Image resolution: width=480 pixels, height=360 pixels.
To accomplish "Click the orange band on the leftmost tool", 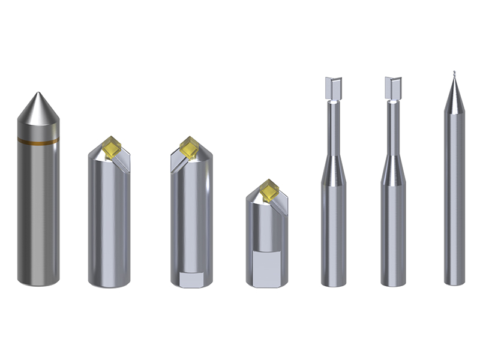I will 38,141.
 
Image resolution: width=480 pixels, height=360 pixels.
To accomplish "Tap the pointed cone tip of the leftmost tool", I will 38,96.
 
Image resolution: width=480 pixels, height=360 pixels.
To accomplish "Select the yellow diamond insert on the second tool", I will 112,148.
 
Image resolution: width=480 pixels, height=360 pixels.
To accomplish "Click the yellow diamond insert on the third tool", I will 190,148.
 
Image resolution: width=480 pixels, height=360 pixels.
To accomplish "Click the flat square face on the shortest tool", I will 267,267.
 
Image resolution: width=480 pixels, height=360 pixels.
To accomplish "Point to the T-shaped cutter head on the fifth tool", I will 333,88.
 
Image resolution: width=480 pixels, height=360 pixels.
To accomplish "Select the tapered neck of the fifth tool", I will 333,171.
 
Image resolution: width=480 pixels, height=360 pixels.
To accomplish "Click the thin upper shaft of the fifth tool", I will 333,129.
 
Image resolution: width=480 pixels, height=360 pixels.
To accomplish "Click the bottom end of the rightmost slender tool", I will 455,281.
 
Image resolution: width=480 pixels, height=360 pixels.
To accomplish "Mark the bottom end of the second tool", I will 109,282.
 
